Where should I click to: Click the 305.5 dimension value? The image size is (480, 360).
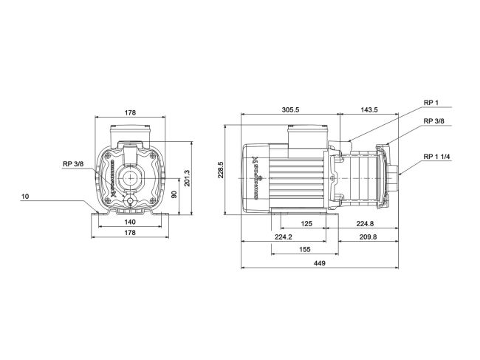click(x=290, y=109)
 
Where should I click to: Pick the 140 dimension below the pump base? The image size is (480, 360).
click(x=130, y=222)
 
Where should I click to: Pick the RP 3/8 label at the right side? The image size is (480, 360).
click(x=434, y=121)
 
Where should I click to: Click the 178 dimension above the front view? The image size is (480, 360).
click(x=131, y=113)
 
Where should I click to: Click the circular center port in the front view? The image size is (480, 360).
click(x=131, y=178)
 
